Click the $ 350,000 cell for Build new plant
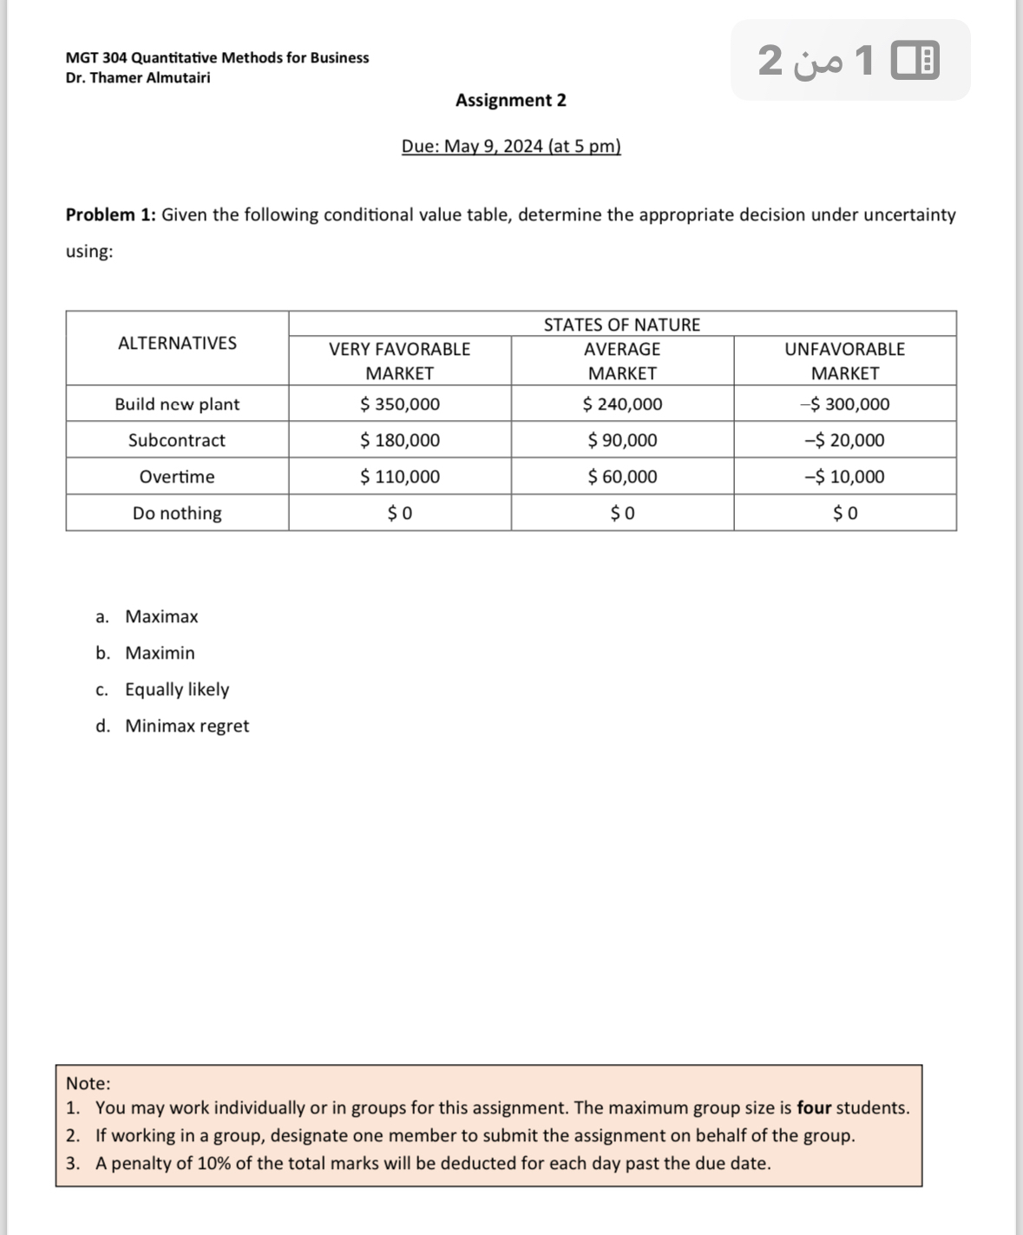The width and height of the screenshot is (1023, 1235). (400, 404)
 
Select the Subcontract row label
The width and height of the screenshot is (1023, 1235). (177, 441)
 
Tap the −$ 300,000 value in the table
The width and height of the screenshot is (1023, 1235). (844, 404)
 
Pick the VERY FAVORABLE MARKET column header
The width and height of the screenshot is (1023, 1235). (400, 361)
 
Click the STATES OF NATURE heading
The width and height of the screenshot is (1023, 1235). (622, 325)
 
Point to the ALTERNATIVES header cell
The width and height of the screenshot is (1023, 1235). (177, 343)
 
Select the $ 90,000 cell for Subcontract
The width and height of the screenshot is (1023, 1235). (622, 441)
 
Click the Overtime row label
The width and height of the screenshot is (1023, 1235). (177, 477)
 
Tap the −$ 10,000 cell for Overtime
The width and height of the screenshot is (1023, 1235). (844, 477)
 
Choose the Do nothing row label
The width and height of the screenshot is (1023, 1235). (177, 514)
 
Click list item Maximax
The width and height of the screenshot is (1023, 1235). (161, 617)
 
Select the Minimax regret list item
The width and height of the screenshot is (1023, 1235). (187, 726)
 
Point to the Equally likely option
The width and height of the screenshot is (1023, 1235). (177, 690)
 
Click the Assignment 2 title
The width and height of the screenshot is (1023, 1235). (511, 101)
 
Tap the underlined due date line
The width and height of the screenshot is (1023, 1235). (511, 147)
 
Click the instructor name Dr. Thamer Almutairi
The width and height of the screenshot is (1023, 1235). (138, 78)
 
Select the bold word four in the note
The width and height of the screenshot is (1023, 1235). (814, 1108)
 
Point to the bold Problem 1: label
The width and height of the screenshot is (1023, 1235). (111, 215)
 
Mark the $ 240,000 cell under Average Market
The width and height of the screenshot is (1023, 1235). (622, 404)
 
